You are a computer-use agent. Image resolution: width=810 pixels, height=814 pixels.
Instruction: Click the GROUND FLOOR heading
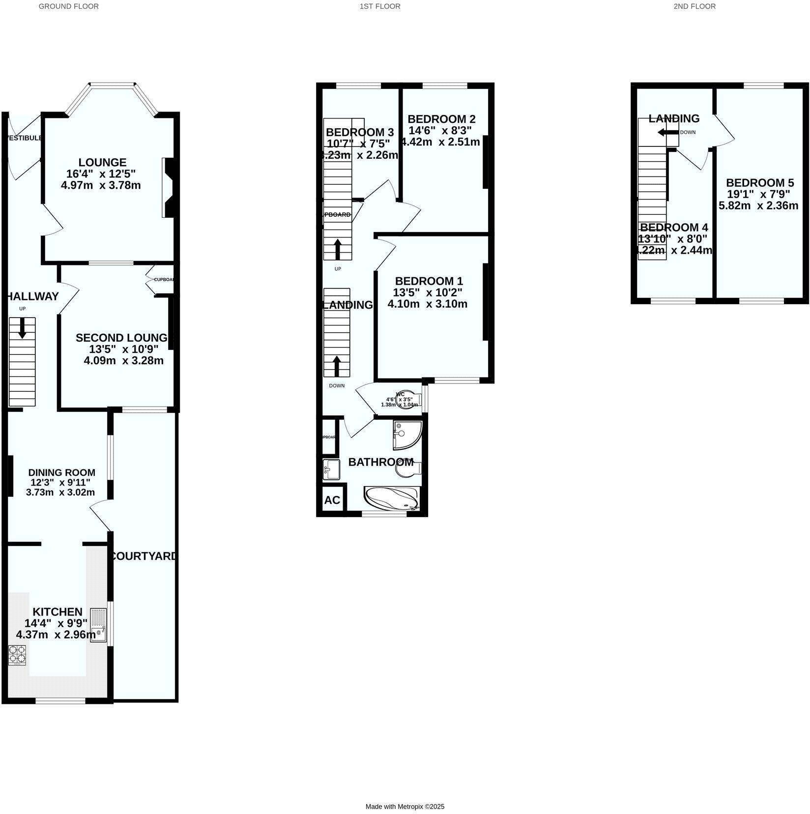(x=68, y=6)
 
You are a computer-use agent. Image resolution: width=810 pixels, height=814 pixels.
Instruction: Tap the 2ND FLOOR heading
(x=694, y=6)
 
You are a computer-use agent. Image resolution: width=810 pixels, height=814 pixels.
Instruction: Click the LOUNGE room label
(x=102, y=162)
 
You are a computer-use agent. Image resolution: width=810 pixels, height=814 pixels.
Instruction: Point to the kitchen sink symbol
(x=98, y=625)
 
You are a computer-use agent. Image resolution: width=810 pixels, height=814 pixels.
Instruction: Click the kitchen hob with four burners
(x=17, y=655)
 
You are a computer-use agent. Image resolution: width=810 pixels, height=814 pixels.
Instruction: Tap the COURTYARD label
(x=143, y=556)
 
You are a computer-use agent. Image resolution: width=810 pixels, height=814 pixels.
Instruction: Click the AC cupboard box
(x=332, y=500)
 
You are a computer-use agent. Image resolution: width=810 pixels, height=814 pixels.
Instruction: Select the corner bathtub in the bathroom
(x=392, y=498)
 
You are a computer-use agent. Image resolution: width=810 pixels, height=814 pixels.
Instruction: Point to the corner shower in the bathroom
(x=406, y=435)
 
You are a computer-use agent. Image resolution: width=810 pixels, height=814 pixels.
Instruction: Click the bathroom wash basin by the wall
(x=331, y=469)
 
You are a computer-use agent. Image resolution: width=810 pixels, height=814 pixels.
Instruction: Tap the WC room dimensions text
(x=399, y=402)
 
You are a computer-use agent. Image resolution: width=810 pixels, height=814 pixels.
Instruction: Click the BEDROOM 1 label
(x=429, y=281)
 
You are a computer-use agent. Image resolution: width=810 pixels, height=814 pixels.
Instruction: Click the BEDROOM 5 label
(x=759, y=182)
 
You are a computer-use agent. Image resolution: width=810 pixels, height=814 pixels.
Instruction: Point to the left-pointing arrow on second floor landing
(x=667, y=132)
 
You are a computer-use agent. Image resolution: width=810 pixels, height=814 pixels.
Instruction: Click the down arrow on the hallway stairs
(x=22, y=328)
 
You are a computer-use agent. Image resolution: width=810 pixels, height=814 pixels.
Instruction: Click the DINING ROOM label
(x=61, y=472)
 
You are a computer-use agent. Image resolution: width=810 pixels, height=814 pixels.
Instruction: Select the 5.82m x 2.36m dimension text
(x=758, y=205)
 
